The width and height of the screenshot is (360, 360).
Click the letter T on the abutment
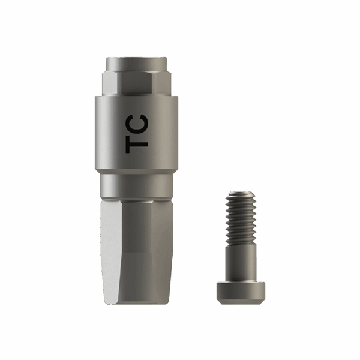[x=137, y=143]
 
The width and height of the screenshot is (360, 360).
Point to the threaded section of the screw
[x=241, y=219]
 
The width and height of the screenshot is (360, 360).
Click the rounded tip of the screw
[x=241, y=193]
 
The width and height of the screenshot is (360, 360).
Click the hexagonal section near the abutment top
[x=136, y=83]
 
